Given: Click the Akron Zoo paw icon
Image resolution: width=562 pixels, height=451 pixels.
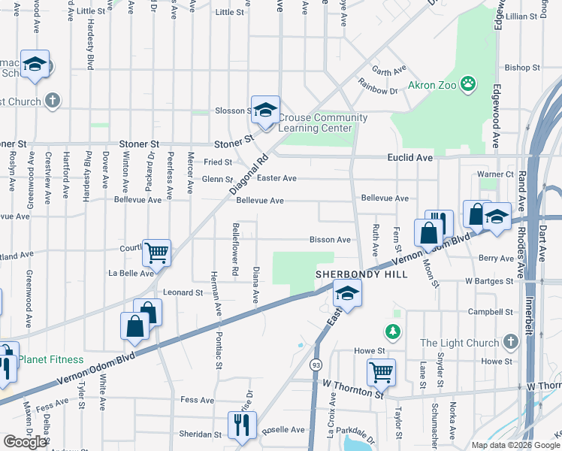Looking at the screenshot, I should coord(469,83).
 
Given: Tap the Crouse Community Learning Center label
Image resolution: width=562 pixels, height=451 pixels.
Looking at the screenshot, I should coord(323,123).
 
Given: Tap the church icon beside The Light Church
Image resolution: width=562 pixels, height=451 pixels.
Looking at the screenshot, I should coord(510,343).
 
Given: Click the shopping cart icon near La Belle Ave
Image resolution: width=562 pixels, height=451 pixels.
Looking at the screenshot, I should coord(156,253).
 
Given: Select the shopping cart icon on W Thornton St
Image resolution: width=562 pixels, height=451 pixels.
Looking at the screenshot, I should coord(381,371).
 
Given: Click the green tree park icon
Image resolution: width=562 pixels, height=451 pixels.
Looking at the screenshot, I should coord(391,331).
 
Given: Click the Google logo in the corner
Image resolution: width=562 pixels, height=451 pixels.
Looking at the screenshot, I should coord(25,442).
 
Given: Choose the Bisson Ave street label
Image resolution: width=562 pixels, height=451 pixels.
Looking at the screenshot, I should coord(330,240).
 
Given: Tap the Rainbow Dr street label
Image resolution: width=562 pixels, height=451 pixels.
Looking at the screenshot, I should coord(378,91).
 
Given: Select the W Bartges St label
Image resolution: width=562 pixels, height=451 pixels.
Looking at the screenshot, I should coord(488,281).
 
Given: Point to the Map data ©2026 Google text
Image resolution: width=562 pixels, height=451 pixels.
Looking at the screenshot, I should coord(515,445).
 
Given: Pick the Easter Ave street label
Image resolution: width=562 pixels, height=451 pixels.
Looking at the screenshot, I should coord(276,178).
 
